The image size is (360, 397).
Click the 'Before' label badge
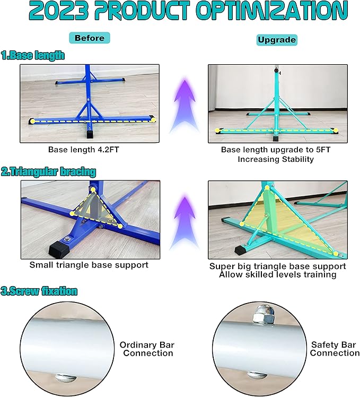90,38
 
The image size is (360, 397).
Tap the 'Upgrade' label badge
277,40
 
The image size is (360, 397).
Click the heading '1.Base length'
33,55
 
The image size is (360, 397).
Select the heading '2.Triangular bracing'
48,171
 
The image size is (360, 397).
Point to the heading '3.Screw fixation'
39,291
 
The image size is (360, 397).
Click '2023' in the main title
58,11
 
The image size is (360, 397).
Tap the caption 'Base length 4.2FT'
83,150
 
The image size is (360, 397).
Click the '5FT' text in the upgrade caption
323,150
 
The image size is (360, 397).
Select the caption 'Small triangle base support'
89,265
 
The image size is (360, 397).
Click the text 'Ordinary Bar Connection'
147,349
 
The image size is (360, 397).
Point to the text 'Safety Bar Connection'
335,349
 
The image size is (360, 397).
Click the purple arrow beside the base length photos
185,106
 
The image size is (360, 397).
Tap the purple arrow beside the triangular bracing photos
185,223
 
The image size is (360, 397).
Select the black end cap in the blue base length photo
90,134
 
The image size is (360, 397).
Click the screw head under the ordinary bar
65,378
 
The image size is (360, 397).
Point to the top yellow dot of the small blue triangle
93,189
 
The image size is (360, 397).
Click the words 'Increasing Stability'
276,159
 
